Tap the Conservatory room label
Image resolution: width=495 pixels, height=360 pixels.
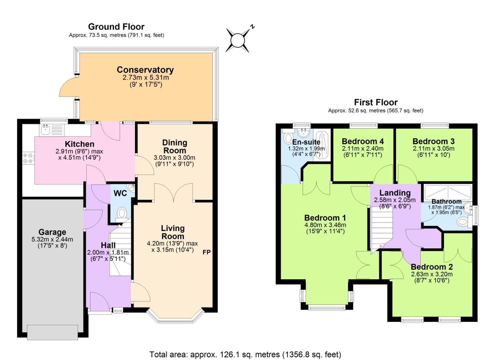(145, 70)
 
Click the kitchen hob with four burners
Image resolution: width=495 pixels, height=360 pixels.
(28, 158)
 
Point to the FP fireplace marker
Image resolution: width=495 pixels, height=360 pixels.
(207, 252)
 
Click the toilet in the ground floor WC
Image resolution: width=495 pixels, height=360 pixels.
(122, 213)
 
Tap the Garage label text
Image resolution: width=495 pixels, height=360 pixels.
(52, 232)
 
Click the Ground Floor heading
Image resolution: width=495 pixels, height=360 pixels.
(116, 27)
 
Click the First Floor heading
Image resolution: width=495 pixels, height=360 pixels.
(376, 102)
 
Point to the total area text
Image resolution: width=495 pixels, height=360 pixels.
(245, 354)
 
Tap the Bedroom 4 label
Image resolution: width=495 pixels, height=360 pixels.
(363, 141)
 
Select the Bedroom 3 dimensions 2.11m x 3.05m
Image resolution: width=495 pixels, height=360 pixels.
(433, 149)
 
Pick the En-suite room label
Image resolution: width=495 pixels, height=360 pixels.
(306, 142)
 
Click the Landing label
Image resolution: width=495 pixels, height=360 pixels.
(395, 193)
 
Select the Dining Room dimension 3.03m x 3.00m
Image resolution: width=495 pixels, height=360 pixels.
(174, 158)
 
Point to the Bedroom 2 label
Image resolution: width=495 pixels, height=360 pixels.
(432, 267)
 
